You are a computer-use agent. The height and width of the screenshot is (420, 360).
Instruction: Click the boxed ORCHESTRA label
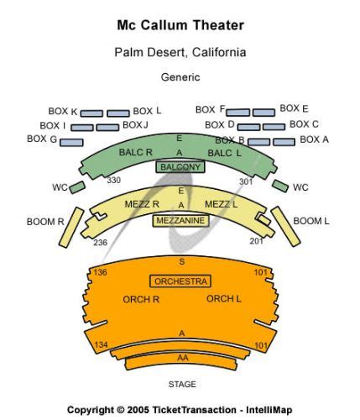180,281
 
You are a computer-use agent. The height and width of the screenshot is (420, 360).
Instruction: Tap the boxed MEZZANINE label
180,221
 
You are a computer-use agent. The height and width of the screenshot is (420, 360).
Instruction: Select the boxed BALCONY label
180,167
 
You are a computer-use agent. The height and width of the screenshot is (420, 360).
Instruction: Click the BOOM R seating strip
71,228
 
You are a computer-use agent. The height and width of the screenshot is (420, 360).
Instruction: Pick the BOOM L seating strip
285,227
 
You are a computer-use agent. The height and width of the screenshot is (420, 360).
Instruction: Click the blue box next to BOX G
71,143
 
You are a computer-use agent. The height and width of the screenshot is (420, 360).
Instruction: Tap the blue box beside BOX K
91,113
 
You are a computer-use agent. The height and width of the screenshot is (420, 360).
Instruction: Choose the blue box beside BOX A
284,142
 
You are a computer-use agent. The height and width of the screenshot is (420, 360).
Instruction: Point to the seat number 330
113,180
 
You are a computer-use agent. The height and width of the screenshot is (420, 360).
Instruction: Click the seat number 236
101,242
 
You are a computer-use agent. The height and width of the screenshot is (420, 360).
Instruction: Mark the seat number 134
101,344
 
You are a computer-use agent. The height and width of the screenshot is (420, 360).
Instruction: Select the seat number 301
246,181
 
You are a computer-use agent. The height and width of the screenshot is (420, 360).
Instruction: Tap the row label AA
183,358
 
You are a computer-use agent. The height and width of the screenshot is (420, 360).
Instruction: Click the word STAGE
182,384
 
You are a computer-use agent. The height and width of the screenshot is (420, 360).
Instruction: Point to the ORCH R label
141,299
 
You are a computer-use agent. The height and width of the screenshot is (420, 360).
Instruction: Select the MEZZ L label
221,204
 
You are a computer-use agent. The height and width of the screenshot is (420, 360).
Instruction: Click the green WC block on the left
77,187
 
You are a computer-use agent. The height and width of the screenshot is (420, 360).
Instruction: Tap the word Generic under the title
180,77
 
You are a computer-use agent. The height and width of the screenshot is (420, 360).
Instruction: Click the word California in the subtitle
219,52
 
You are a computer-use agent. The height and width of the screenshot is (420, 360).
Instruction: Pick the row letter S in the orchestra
182,261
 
